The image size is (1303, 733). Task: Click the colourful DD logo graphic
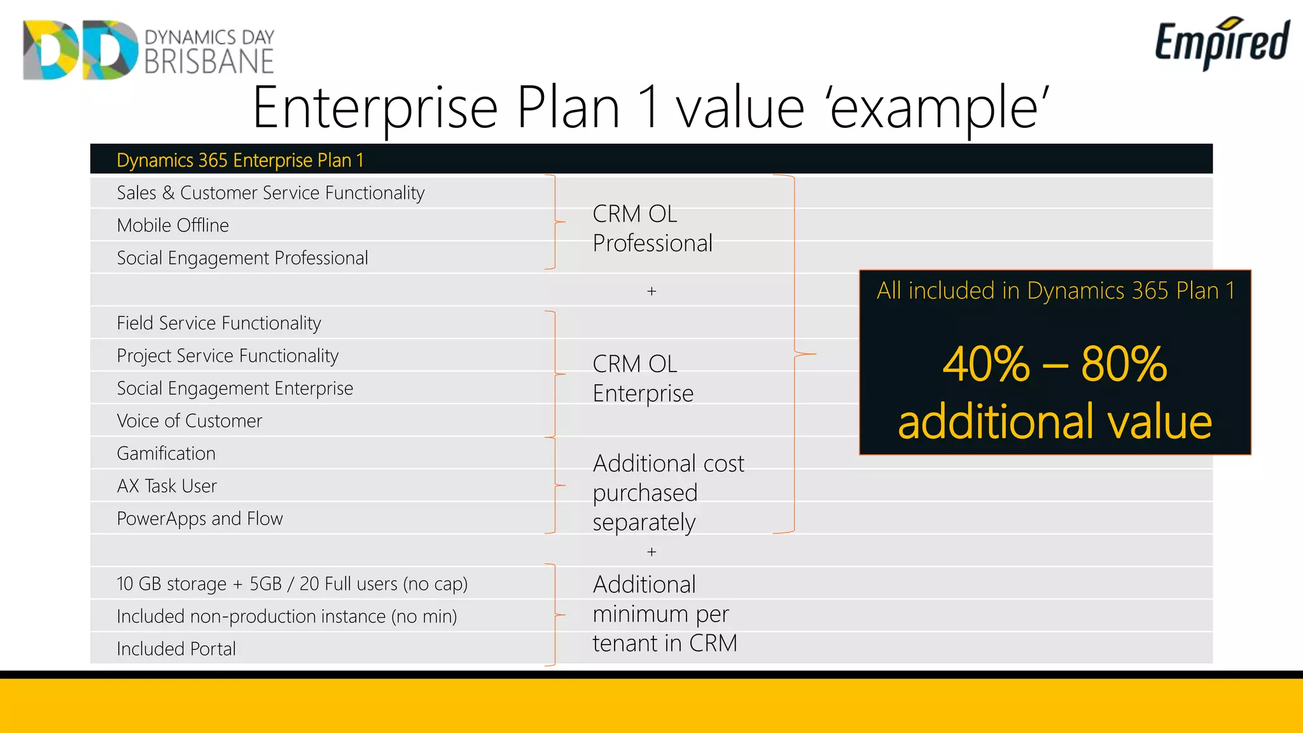[x=80, y=50]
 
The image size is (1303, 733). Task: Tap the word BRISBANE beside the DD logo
[x=209, y=62]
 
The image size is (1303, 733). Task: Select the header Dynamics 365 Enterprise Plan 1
[x=240, y=160]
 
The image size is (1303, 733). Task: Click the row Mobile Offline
[x=172, y=225]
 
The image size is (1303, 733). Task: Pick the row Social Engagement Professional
[x=242, y=258]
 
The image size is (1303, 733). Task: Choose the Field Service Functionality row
[x=219, y=323]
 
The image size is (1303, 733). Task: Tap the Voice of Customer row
[x=189, y=421]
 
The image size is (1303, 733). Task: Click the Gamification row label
[x=166, y=453]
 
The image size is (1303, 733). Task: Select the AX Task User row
[x=167, y=486]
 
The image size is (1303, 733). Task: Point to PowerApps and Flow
[x=200, y=519]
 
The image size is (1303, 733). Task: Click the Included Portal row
[x=176, y=648]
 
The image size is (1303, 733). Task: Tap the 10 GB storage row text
[x=292, y=583]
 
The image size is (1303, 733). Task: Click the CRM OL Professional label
[x=651, y=228]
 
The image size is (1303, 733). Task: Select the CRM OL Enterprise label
[x=643, y=379]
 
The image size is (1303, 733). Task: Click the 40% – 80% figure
[x=1054, y=364]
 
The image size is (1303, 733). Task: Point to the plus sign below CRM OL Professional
[x=651, y=291]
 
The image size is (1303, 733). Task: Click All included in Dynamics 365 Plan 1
[x=1055, y=291]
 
